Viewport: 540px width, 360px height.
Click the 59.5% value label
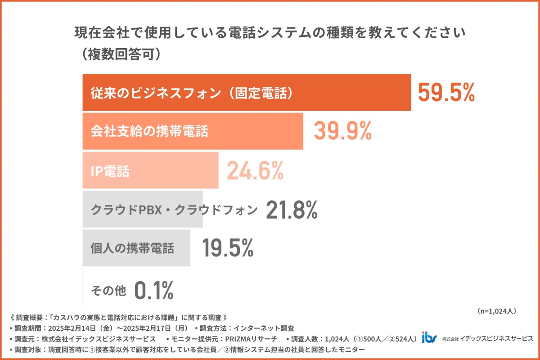tap(446, 93)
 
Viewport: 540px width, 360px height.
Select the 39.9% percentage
tap(342, 131)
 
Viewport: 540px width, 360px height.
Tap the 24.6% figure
tap(255, 171)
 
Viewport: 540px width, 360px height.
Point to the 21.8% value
tap(292, 209)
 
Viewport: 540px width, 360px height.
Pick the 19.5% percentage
tap(227, 248)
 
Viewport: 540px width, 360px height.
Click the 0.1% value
tap(154, 291)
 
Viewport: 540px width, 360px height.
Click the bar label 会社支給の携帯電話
tap(149, 131)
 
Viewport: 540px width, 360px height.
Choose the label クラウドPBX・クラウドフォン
tap(174, 210)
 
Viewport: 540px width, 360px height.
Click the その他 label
tap(108, 291)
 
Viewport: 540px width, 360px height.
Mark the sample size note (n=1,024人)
tap(495, 311)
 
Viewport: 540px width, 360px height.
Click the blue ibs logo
tap(429, 338)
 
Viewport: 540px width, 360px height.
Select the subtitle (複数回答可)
tap(118, 54)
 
